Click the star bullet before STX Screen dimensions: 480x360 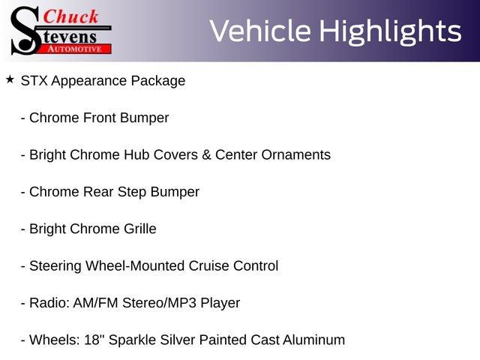click(10, 80)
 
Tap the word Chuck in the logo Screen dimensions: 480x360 click(70, 16)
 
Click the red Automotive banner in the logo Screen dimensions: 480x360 click(74, 49)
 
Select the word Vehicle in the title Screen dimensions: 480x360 click(260, 31)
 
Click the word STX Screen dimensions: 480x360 click(34, 81)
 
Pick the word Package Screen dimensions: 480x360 click(158, 82)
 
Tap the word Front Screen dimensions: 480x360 click(99, 118)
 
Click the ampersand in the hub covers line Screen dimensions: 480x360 click(206, 155)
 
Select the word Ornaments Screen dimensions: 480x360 click(295, 155)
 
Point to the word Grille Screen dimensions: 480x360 click(140, 229)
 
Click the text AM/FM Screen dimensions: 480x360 click(95, 303)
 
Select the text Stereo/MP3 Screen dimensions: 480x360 click(159, 303)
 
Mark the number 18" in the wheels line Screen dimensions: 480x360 click(92, 340)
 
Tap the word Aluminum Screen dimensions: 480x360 click(313, 340)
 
